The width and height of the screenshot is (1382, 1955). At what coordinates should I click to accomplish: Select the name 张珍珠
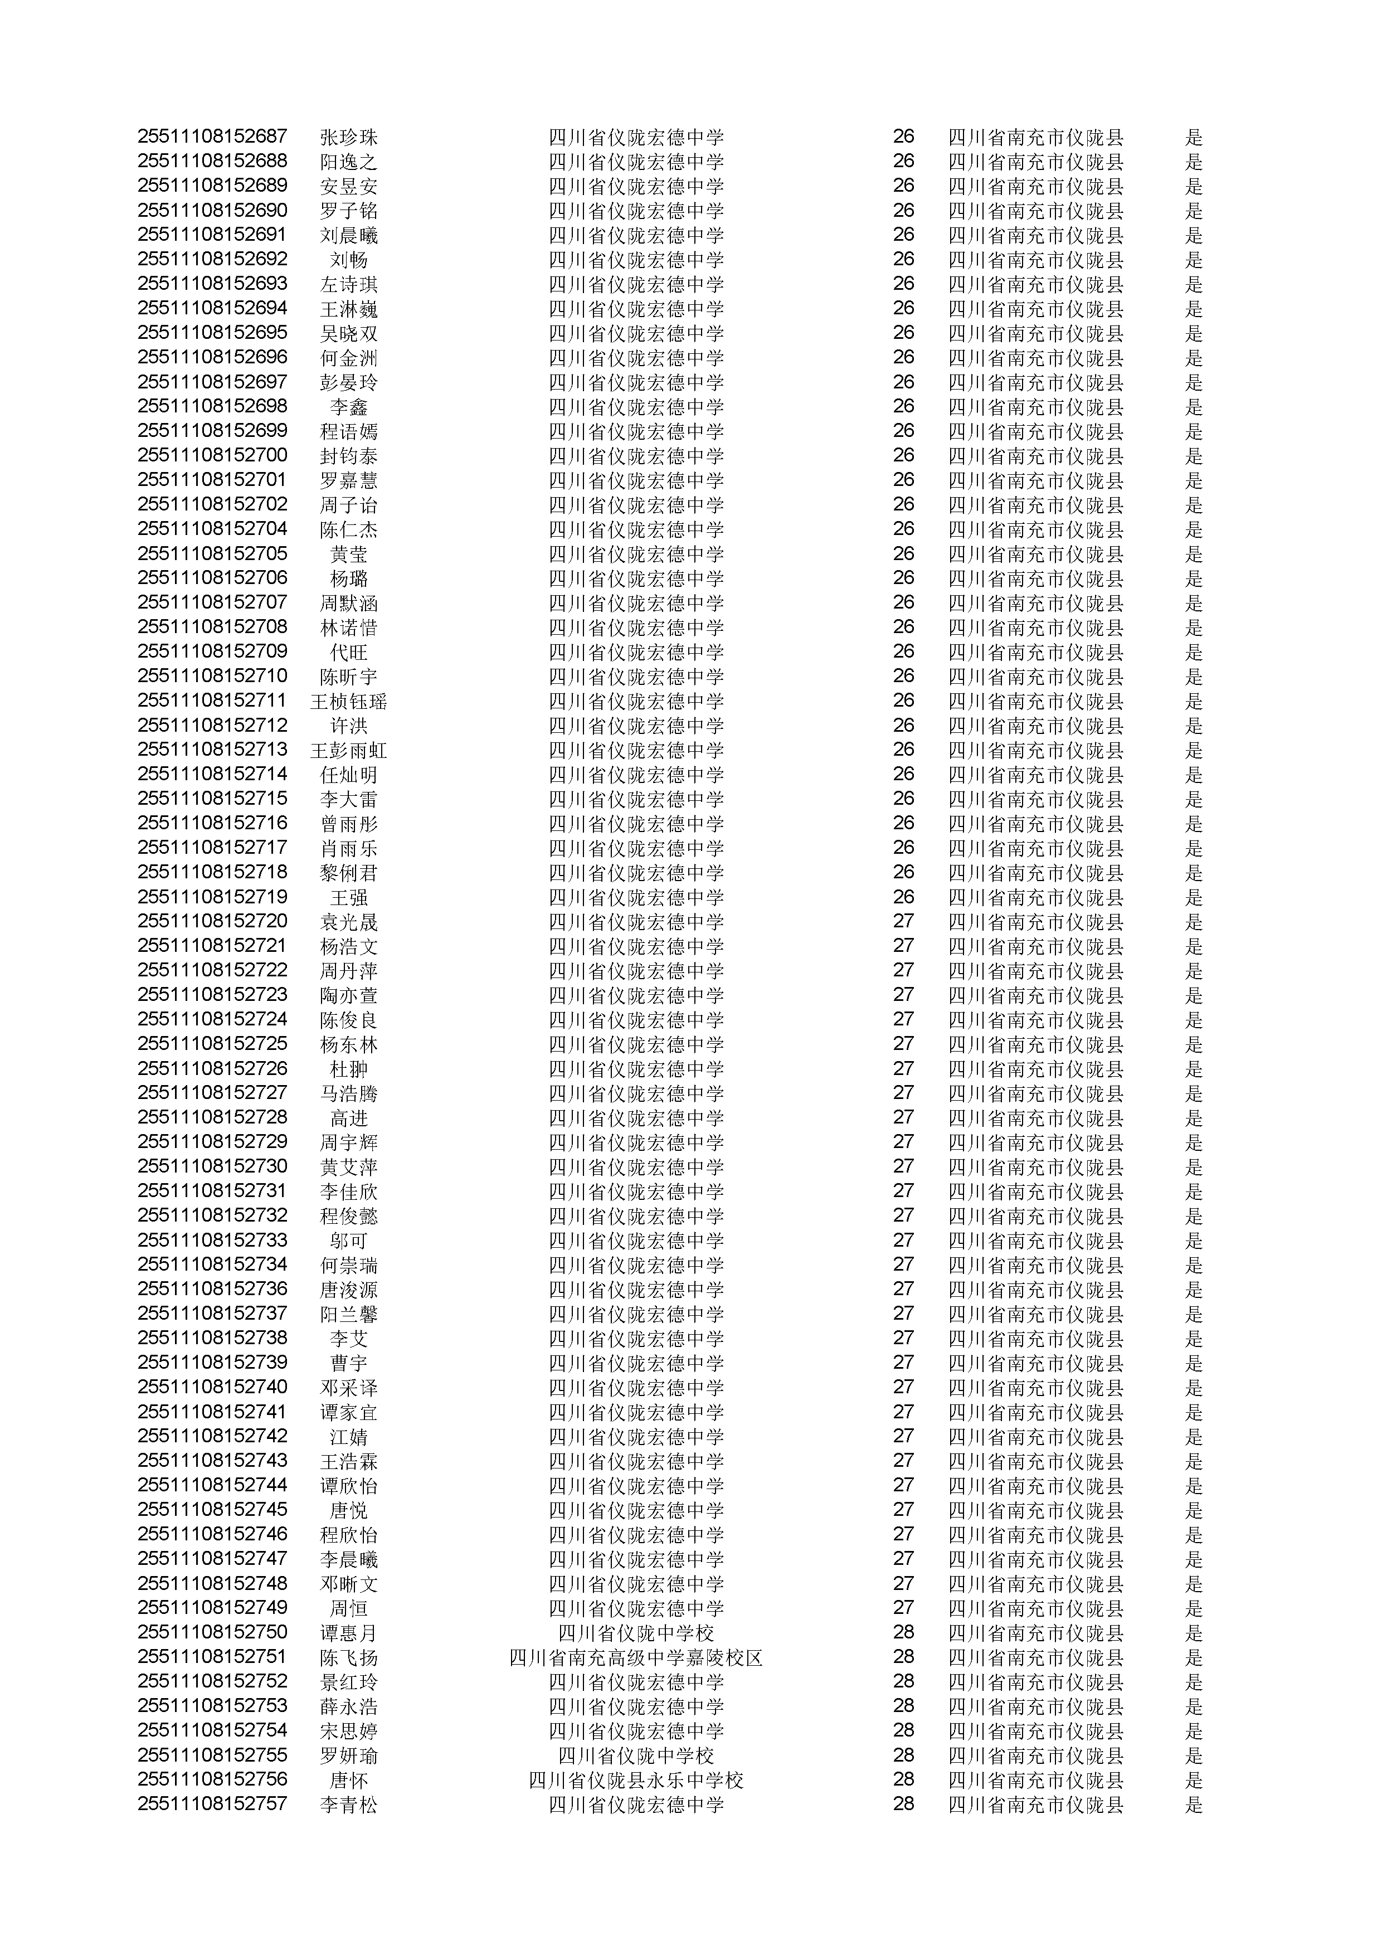point(348,137)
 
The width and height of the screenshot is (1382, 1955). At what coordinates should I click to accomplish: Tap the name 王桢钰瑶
point(348,702)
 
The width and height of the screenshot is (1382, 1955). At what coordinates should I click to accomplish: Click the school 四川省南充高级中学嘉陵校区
point(635,1658)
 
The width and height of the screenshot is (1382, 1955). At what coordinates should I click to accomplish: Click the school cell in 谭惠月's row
point(635,1633)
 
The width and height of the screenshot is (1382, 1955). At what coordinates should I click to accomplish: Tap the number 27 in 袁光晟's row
point(903,921)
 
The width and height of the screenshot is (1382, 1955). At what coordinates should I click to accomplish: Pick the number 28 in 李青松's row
point(903,1805)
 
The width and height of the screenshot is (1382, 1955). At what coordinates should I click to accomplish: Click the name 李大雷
point(348,800)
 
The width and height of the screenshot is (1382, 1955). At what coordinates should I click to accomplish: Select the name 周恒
point(348,1608)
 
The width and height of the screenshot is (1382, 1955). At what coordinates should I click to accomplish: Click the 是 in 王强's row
point(1193,897)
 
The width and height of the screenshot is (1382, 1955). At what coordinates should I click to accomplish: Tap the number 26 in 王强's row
point(903,897)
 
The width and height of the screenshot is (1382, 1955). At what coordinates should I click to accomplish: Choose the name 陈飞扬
point(348,1658)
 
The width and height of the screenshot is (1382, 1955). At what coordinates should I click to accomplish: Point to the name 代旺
point(348,652)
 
